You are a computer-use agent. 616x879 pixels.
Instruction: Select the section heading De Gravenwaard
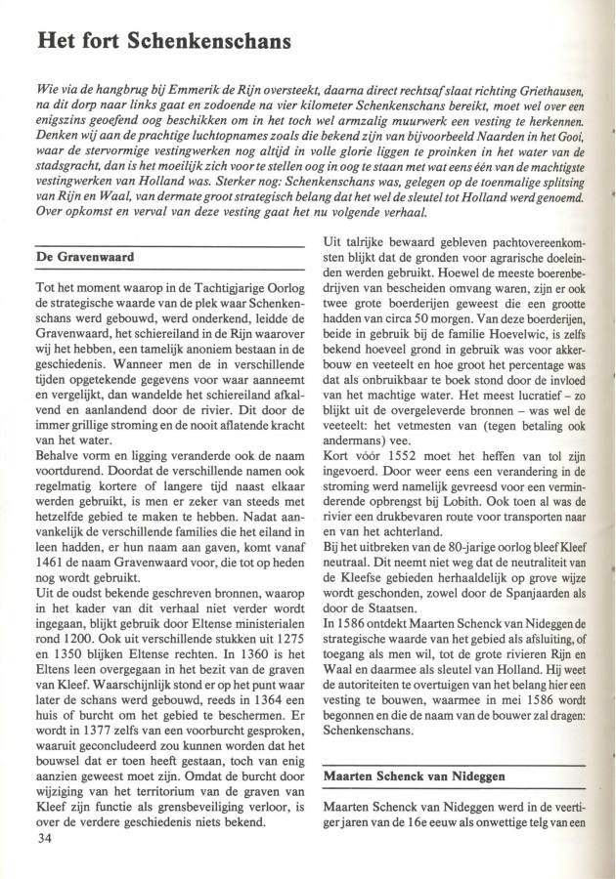pos(84,258)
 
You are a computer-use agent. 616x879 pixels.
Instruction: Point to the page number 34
pos(43,839)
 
